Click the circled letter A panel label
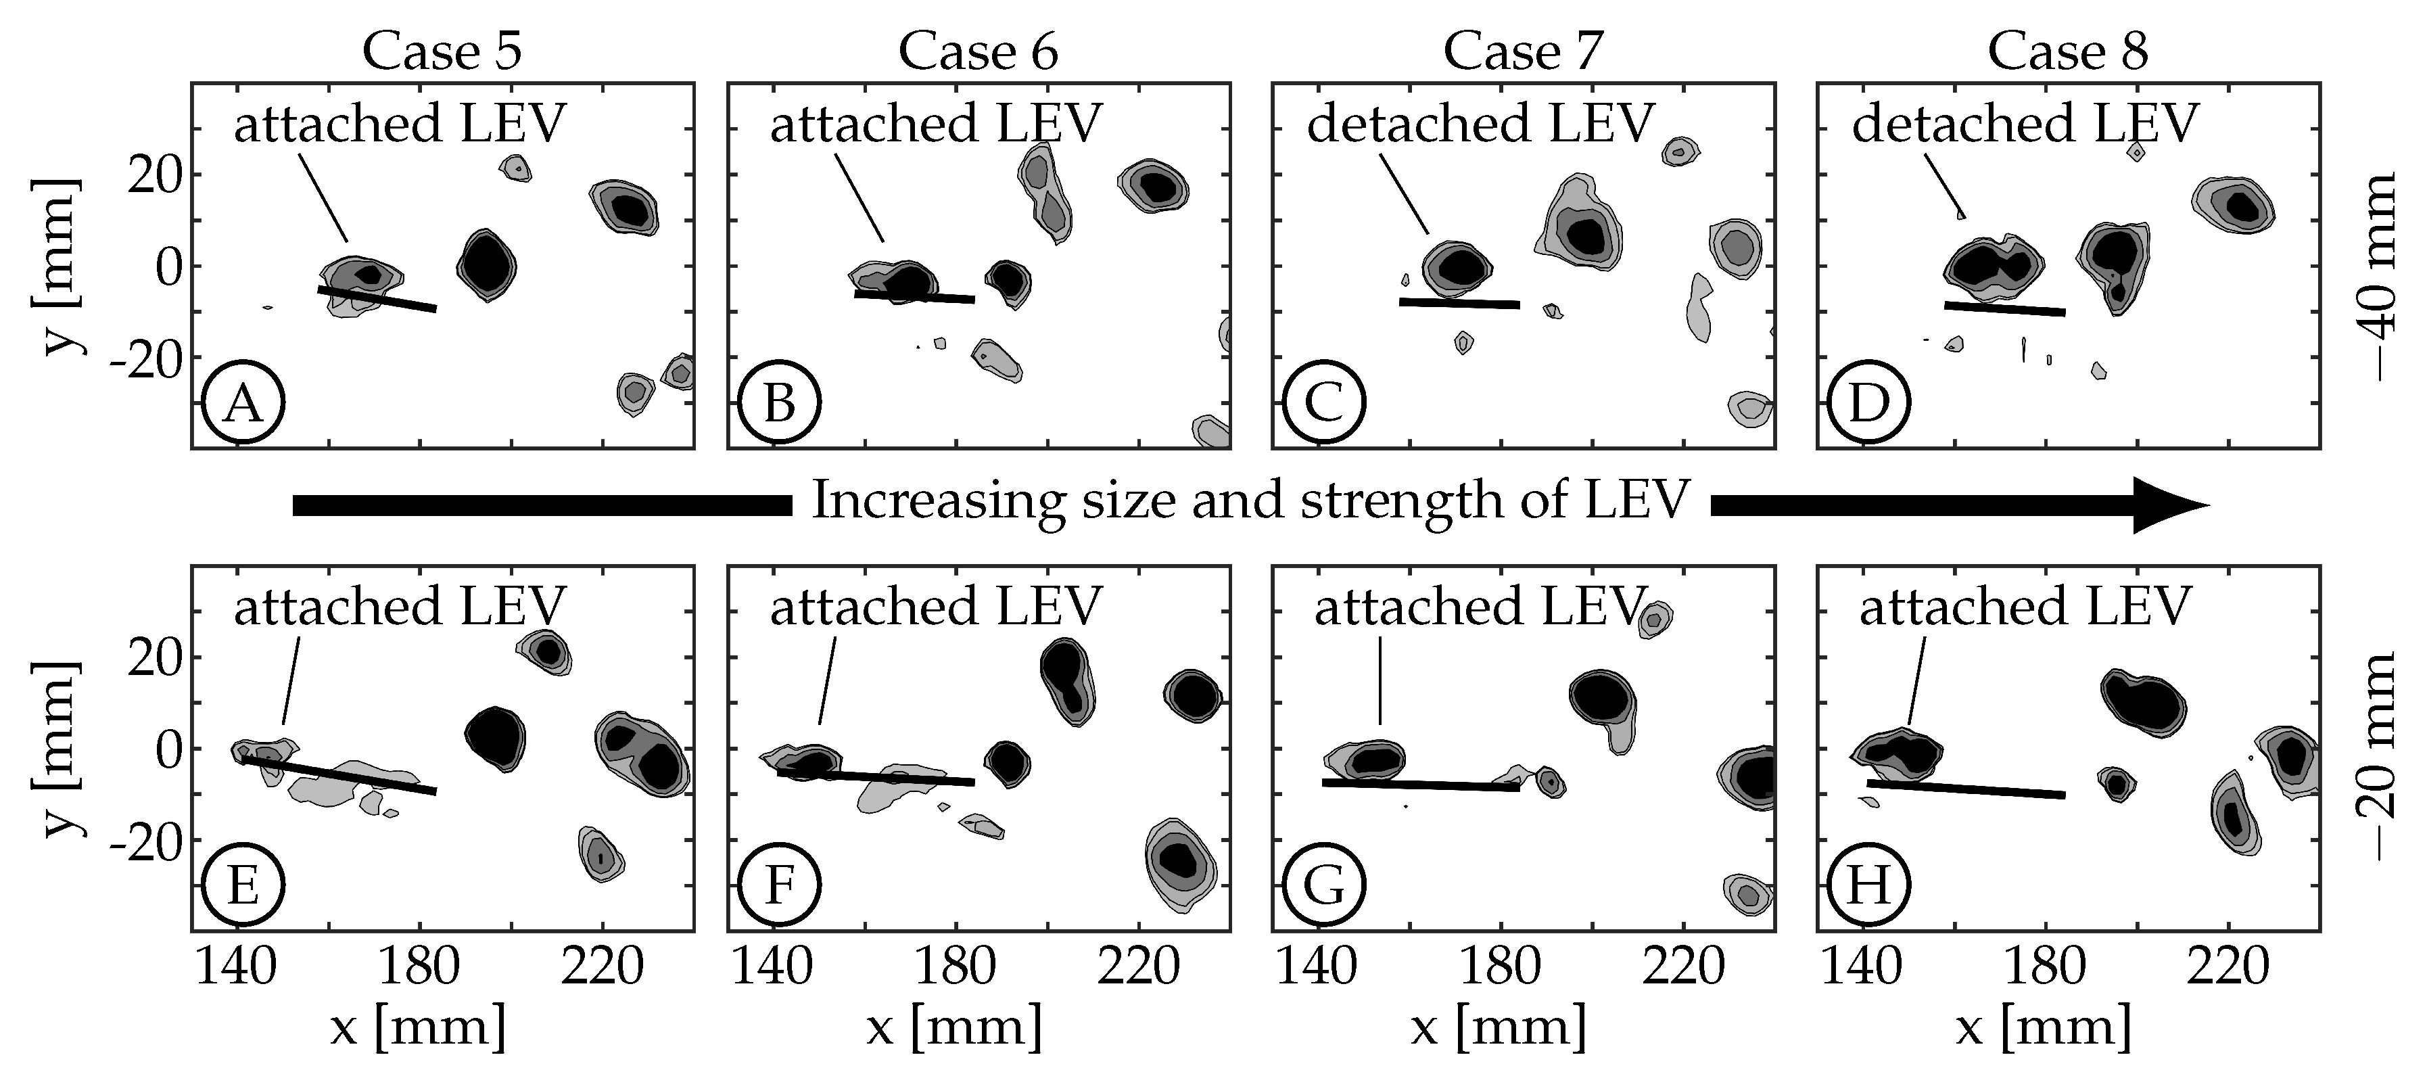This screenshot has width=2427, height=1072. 243,403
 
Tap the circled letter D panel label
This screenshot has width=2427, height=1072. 1868,403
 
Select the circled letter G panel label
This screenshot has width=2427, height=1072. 1324,885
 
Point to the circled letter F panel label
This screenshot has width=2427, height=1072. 779,885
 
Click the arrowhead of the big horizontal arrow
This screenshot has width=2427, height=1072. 2167,505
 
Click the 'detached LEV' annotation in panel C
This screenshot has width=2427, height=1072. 1480,123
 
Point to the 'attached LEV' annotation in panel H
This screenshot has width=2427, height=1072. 2025,607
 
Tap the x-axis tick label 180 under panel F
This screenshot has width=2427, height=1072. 958,967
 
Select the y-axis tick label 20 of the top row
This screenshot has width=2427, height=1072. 154,175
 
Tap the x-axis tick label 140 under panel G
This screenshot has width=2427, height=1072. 1316,967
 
